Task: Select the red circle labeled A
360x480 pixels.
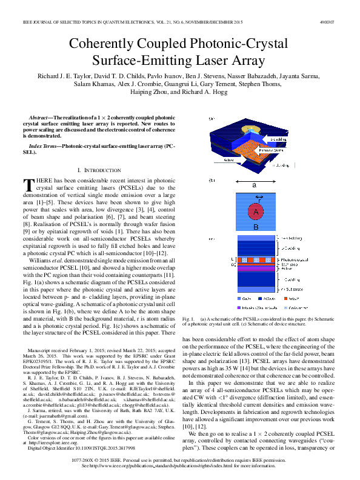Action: [x=255, y=212]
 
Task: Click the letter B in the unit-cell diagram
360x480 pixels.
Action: [x=255, y=227]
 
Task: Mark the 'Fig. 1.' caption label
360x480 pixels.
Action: [x=190, y=318]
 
